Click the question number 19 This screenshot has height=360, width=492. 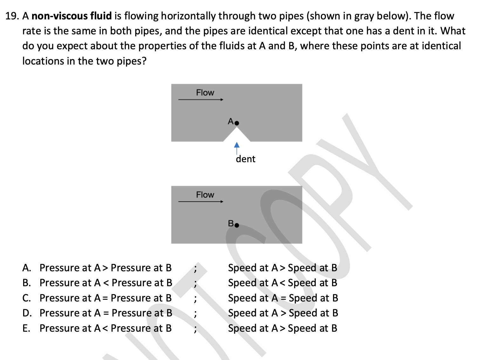pyautogui.click(x=12, y=16)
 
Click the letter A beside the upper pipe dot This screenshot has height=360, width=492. pyautogui.click(x=231, y=121)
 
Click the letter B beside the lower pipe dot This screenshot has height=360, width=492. pyautogui.click(x=231, y=224)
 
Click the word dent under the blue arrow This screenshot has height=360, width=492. pyautogui.click(x=245, y=159)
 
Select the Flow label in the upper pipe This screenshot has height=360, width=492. pyautogui.click(x=205, y=93)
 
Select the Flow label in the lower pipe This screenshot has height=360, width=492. pyautogui.click(x=205, y=195)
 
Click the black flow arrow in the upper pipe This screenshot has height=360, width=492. pyautogui.click(x=201, y=100)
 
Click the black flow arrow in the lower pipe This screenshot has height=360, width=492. pyautogui.click(x=201, y=201)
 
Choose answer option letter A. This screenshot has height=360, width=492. pyautogui.click(x=26, y=268)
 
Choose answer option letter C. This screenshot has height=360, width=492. pyautogui.click(x=26, y=298)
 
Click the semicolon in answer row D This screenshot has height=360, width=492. pyautogui.click(x=195, y=314)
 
